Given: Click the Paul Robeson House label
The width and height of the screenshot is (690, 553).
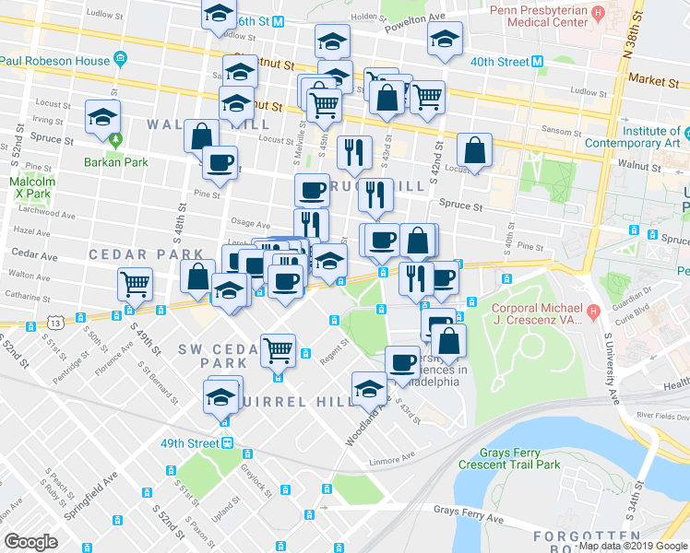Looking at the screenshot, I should [55, 61].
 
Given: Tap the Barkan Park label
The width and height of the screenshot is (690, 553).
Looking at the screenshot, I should [114, 159].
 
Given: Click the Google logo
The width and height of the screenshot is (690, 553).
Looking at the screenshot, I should [31, 541].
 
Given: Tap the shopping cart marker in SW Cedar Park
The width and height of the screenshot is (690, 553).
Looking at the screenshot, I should [278, 350].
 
